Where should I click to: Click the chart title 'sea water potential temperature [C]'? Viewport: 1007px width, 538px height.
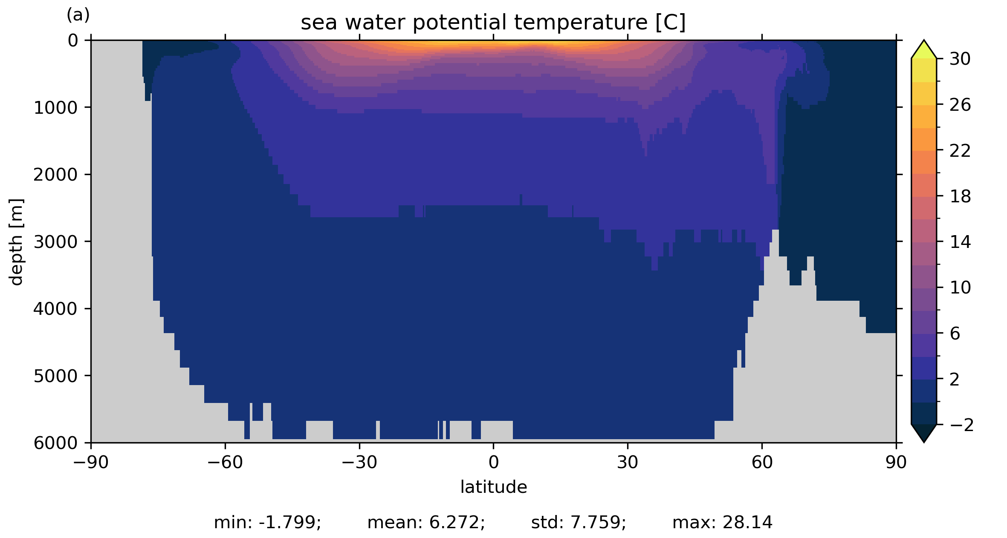tap(493, 23)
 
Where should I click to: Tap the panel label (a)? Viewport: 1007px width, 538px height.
tap(78, 15)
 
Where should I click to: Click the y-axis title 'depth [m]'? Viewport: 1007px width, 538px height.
tap(16, 242)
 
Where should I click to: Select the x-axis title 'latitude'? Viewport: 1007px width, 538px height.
tap(493, 487)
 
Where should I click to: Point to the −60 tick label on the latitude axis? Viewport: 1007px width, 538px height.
tap(225, 462)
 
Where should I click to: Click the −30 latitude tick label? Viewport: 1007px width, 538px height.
tap(359, 462)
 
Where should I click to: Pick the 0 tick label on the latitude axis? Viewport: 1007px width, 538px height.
tap(493, 462)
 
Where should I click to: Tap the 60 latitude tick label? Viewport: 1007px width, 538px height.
tap(762, 462)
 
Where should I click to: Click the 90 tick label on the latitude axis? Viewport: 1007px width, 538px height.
tap(896, 462)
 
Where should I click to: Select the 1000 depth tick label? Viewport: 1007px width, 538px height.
tap(55, 108)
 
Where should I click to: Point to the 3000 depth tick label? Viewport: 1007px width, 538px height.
tap(55, 242)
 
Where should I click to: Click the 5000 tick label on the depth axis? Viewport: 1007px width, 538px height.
tap(55, 376)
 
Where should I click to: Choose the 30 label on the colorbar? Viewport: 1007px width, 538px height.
tap(960, 59)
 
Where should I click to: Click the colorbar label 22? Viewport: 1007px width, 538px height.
tap(960, 151)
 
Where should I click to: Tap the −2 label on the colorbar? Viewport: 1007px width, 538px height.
tap(961, 425)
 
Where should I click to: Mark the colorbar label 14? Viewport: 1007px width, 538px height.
tap(960, 242)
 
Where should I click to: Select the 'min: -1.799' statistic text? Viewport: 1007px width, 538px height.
tap(267, 522)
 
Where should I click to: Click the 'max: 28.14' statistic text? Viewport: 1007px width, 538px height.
tap(722, 522)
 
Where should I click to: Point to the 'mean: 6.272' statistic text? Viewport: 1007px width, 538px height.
tap(426, 522)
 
